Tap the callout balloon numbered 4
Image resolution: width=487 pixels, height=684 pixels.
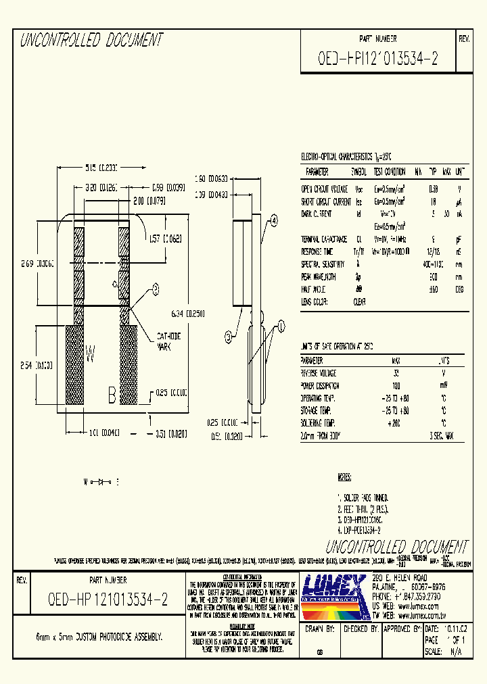(275, 220)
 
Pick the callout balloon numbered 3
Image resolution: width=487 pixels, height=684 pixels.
(229, 335)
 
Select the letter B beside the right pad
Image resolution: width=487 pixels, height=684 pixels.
(112, 395)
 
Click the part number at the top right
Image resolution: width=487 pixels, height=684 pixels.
(377, 59)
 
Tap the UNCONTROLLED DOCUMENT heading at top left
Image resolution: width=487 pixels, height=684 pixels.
(91, 41)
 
